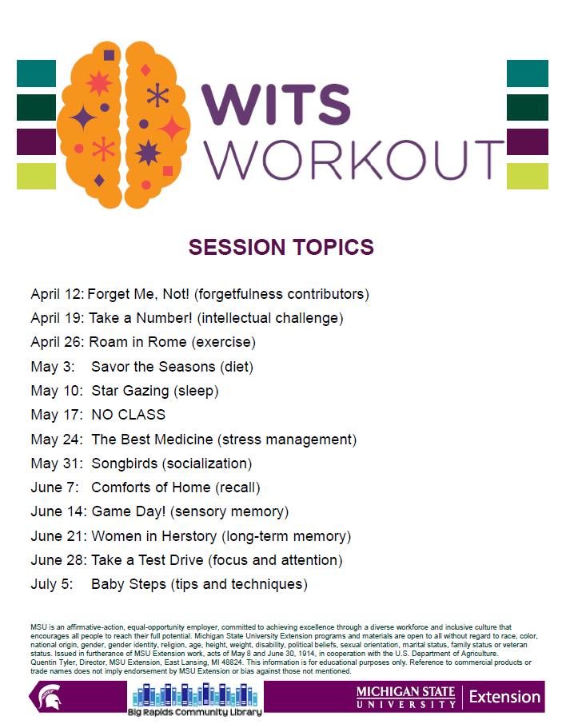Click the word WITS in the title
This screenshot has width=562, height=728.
pos(276,105)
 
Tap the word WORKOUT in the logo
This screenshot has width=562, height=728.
pos(354,159)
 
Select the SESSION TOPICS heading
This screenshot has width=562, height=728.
pos(281,247)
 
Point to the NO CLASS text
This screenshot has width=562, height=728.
pos(128,415)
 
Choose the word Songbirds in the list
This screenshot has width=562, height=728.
pos(125,463)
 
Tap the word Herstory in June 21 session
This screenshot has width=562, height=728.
pos(189,536)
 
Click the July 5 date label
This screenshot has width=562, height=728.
pos(52,584)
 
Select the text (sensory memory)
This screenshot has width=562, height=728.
pos(229,511)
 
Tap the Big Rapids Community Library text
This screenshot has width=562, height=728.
pos(194,712)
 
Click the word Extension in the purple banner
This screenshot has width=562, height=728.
pos(504,697)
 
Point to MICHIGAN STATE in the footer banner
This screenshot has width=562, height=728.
pos(405,692)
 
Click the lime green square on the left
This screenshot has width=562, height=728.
pos(36,177)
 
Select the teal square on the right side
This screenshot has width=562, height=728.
pos(527,74)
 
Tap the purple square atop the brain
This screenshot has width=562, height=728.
pos(110,56)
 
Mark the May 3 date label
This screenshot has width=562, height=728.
pos(53,367)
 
